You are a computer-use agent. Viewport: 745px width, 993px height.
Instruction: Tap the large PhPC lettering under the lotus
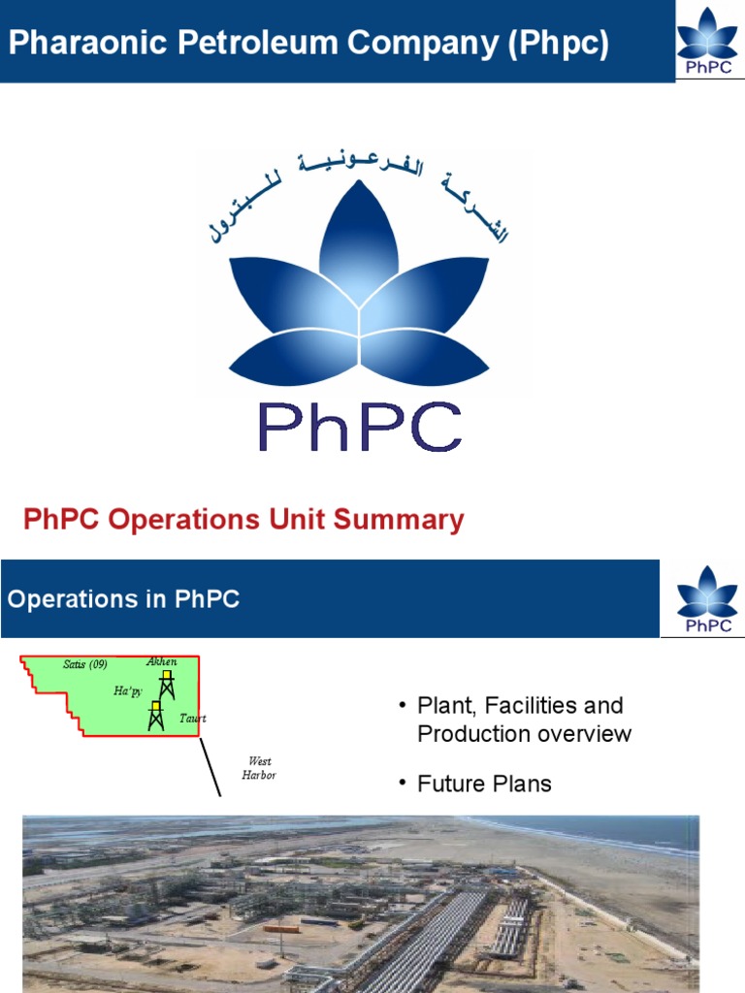[x=359, y=427]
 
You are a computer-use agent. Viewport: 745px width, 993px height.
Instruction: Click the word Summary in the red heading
[x=399, y=521]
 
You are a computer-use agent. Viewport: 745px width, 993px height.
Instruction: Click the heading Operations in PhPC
[x=123, y=599]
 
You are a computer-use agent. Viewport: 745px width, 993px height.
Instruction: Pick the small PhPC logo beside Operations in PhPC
[x=707, y=598]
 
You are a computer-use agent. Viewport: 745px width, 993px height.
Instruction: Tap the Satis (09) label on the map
[x=84, y=664]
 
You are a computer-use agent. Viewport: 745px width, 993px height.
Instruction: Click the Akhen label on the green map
[x=161, y=661]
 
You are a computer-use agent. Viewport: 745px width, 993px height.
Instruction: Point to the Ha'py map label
[x=128, y=690]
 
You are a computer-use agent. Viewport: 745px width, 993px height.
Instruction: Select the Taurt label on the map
[x=193, y=719]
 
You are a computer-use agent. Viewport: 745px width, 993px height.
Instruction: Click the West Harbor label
[x=258, y=768]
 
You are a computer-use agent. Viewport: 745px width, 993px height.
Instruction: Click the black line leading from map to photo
[x=210, y=766]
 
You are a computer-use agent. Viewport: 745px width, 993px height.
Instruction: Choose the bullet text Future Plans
[x=484, y=784]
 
